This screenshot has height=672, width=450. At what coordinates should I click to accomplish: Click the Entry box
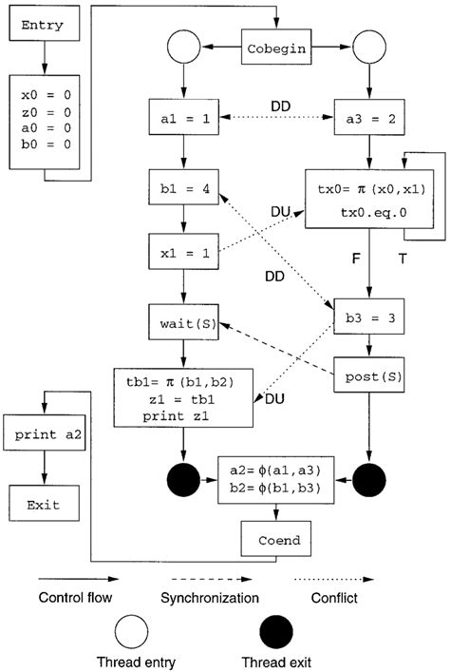point(41,26)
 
